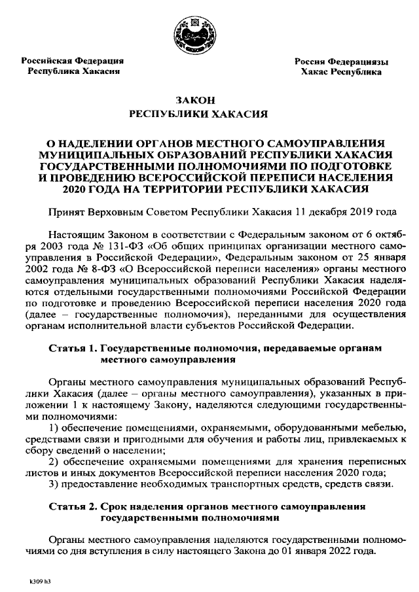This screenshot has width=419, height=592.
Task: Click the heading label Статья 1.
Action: click(x=74, y=349)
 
